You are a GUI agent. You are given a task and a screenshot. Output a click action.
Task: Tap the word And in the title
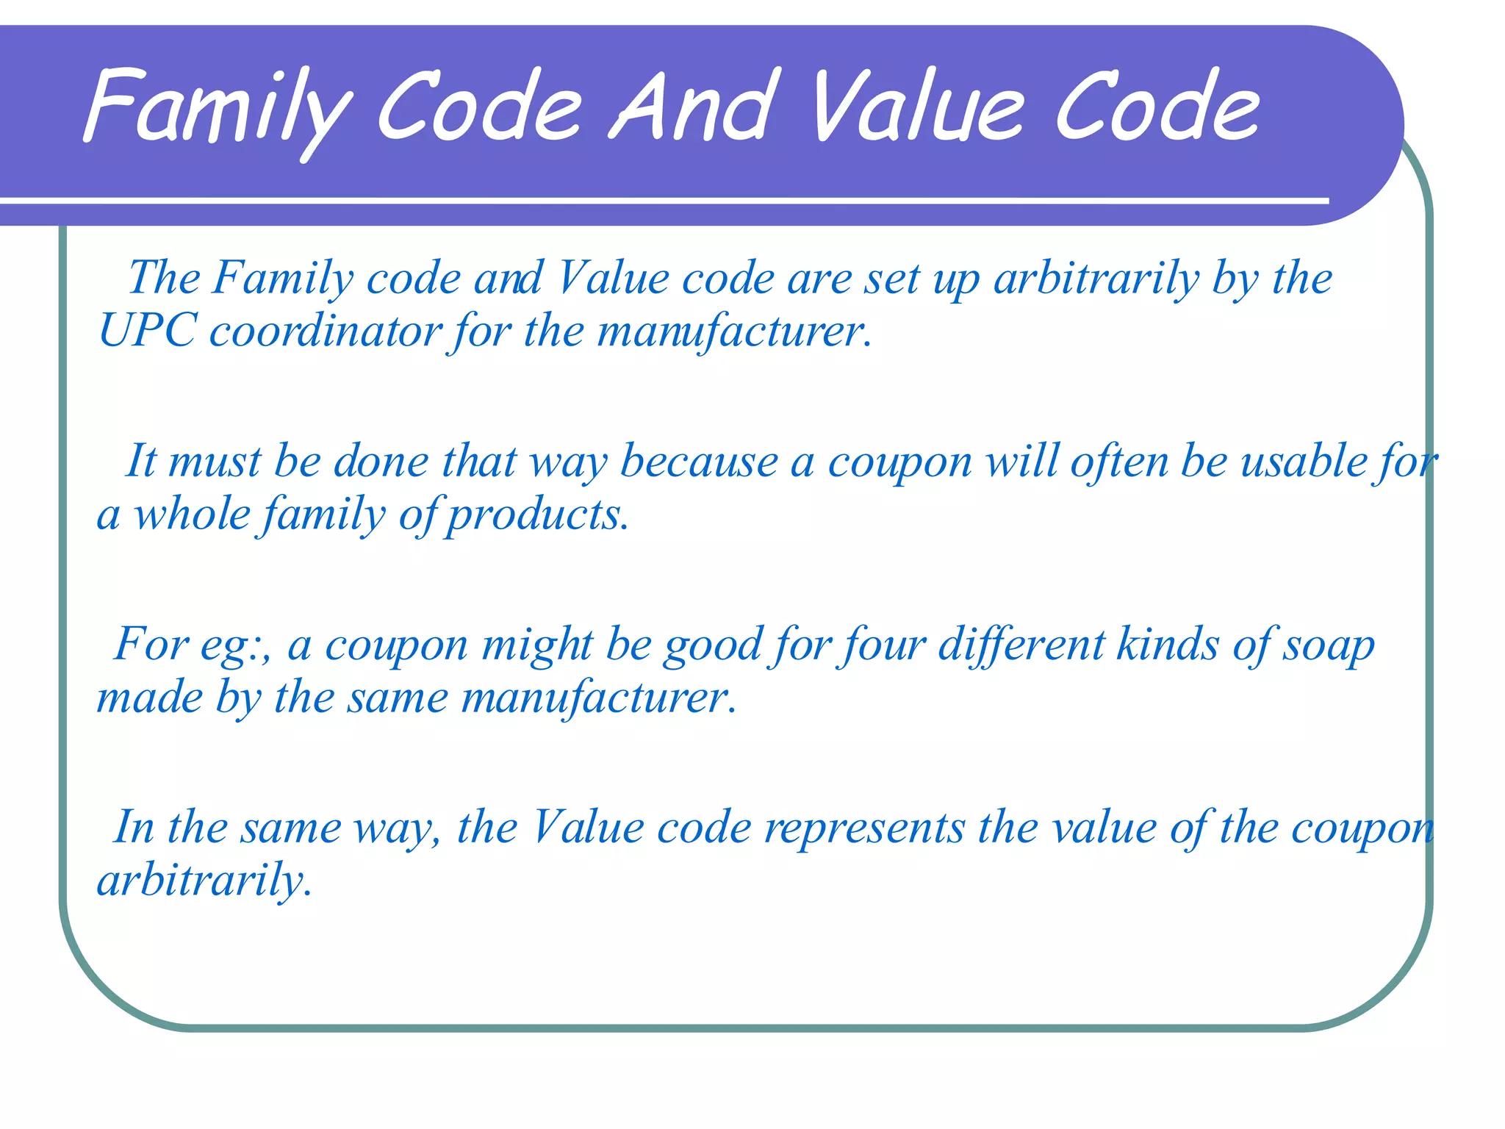[694, 107]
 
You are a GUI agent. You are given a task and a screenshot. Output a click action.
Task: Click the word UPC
[147, 331]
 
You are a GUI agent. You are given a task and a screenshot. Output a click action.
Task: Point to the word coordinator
[325, 331]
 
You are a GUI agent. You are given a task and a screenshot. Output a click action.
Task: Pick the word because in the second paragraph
[699, 462]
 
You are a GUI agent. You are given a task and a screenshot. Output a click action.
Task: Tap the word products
[537, 515]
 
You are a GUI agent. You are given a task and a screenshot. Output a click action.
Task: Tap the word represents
[864, 828]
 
